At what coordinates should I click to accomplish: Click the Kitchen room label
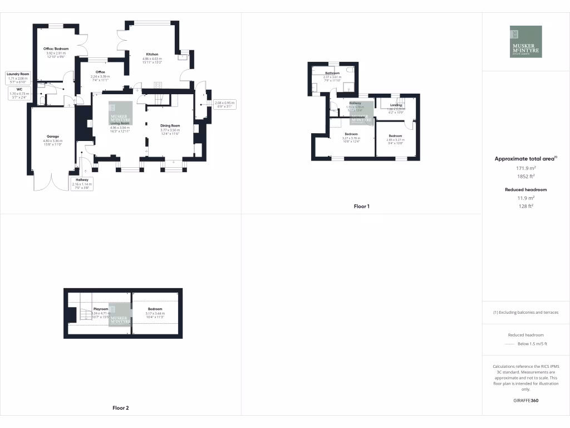coord(152,55)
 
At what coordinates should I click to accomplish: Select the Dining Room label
coord(170,126)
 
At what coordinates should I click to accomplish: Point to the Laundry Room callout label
coord(18,74)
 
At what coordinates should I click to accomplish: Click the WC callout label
coord(19,89)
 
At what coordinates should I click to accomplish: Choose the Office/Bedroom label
coord(56,49)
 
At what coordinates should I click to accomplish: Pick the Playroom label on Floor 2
coord(101,309)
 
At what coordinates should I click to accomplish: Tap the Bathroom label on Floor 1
coord(332,73)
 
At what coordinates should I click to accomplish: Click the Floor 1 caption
coord(361,206)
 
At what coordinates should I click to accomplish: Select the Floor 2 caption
coord(120,408)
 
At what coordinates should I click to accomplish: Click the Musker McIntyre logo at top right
coord(525,41)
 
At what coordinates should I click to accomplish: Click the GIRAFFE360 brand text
coord(526,401)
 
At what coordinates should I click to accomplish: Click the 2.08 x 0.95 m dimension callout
coord(225,103)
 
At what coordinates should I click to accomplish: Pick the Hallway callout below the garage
coord(81,179)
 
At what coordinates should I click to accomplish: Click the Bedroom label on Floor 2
coord(155,309)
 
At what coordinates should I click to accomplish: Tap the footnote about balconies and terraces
coord(526,312)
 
